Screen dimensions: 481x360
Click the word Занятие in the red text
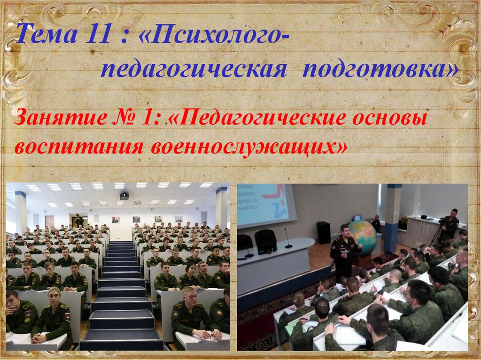click(x=60, y=118)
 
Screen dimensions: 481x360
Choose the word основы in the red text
click(x=389, y=118)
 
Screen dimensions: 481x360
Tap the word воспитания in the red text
click(x=79, y=147)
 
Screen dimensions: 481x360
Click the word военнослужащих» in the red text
click(x=249, y=147)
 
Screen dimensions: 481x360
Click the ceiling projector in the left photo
click(x=124, y=196)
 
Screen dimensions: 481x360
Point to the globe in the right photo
click(x=362, y=234)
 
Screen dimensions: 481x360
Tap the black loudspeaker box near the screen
click(x=323, y=233)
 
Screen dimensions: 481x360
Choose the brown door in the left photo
click(x=49, y=222)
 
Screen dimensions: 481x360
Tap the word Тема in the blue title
click(x=47, y=34)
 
